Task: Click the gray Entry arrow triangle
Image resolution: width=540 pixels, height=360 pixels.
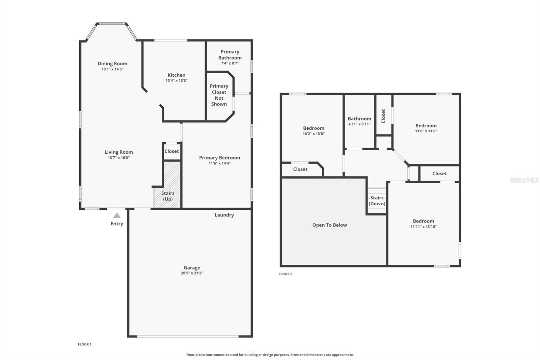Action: [x=117, y=215]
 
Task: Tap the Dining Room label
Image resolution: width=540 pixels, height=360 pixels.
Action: [x=112, y=63]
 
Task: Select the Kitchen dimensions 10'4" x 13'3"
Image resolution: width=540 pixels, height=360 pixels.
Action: [x=177, y=81]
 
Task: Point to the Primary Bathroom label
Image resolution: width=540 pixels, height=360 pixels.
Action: [x=230, y=55]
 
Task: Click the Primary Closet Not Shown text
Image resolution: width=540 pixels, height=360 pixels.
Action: [x=219, y=95]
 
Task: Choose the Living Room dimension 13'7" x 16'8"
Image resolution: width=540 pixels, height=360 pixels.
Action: [x=118, y=158]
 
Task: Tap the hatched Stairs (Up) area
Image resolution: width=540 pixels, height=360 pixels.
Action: [x=167, y=185]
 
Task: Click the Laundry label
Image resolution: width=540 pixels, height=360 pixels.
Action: [x=224, y=215]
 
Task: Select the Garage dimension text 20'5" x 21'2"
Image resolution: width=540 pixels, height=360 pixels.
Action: [x=192, y=273]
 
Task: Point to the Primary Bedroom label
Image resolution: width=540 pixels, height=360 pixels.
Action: [x=220, y=158]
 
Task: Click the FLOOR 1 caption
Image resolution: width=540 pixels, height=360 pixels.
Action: [x=85, y=344]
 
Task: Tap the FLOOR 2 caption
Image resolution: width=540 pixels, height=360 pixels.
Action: [x=286, y=274]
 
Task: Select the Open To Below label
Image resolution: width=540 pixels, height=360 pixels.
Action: [x=329, y=225]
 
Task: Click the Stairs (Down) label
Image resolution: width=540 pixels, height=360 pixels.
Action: [x=377, y=201]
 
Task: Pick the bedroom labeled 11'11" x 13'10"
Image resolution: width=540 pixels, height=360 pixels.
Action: [x=424, y=224]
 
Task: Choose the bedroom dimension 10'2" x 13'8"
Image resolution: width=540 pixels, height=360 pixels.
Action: [x=314, y=134]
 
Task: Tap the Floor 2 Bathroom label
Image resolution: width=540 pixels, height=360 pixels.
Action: [x=359, y=119]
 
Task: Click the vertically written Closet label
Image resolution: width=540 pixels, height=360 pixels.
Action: [x=383, y=116]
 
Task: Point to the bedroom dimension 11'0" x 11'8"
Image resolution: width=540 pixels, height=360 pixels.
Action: [x=426, y=131]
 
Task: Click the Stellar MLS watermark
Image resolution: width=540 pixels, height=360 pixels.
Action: [x=524, y=180]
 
